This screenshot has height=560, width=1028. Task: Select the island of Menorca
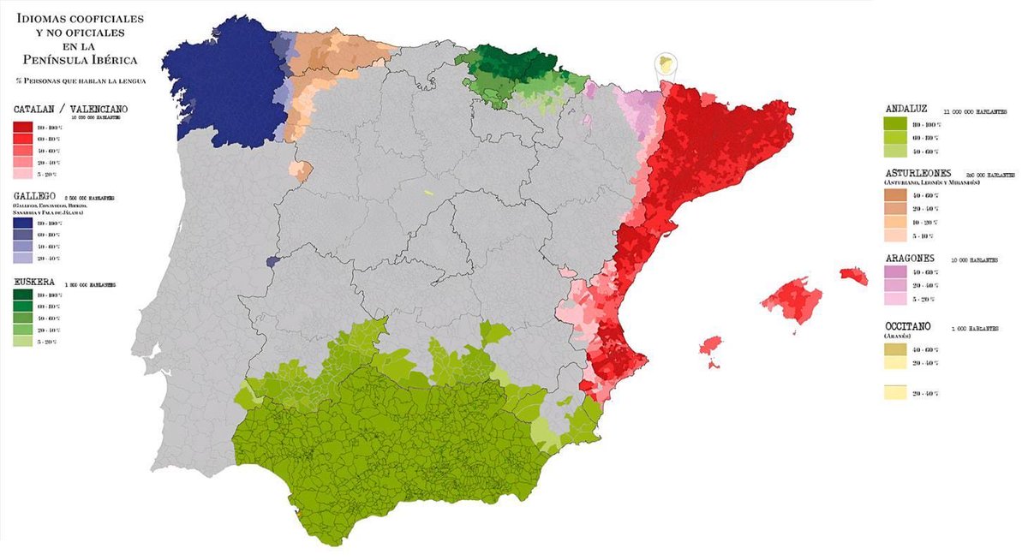coord(853,275)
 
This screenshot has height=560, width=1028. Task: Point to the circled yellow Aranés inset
coord(666,65)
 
